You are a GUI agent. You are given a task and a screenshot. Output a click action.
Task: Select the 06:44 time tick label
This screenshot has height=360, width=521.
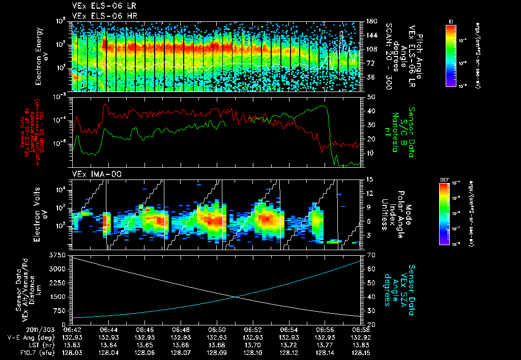point(109,329)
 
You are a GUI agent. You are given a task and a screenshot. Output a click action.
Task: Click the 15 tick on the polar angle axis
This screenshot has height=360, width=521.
point(370,179)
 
